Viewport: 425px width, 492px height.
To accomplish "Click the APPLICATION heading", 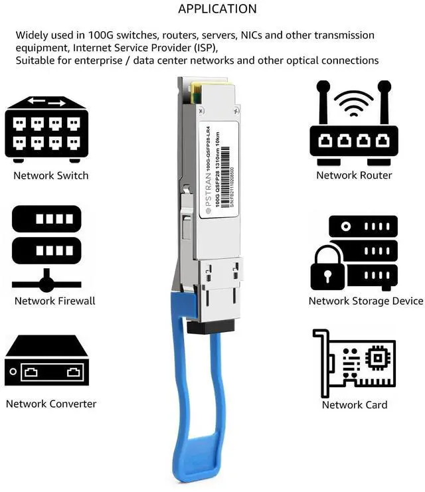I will tap(217, 9).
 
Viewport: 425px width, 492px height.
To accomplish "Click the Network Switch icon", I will tap(46, 129).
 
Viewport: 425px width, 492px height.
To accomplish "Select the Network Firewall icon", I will tap(46, 249).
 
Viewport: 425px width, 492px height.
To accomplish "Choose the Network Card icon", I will tap(353, 362).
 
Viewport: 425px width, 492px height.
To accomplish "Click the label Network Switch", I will tap(51, 176).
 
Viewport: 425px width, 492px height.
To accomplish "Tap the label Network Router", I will tap(354, 175).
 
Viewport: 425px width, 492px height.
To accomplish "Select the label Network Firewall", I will tap(55, 301).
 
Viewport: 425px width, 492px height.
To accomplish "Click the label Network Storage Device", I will tap(366, 301).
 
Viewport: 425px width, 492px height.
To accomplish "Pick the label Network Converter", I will tap(51, 404).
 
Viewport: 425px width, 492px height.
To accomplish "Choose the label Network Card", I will tap(355, 404).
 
